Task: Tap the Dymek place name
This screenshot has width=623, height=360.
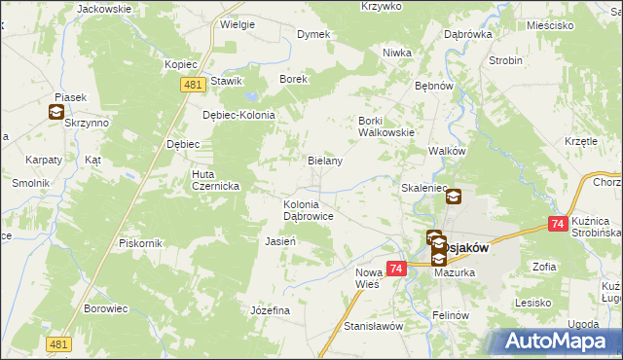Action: [312, 34]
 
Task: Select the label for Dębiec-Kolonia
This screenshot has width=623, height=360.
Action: [238, 114]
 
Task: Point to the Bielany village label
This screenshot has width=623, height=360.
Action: [325, 161]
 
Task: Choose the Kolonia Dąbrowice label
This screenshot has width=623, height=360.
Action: [309, 210]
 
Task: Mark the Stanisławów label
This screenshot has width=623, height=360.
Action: [374, 327]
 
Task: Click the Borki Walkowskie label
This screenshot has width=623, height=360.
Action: [386, 126]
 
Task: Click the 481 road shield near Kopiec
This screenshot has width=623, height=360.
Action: [193, 86]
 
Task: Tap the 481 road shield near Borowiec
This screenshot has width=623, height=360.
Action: [59, 344]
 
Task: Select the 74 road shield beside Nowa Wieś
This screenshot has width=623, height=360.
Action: [395, 268]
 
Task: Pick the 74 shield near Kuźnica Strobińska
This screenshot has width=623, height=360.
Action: [558, 224]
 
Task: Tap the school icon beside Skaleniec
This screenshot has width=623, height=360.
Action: [454, 198]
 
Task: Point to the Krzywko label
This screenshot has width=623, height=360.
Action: [382, 6]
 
